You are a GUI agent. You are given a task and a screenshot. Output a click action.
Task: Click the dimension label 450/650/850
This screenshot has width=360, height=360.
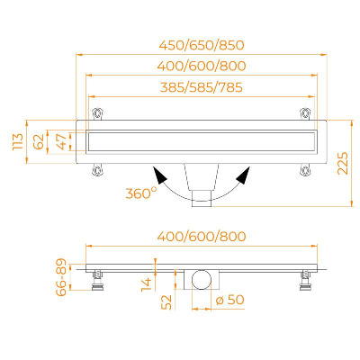pyautogui.click(x=202, y=45)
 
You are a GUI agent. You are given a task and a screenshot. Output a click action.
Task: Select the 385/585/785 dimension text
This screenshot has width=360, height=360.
pyautogui.click(x=202, y=87)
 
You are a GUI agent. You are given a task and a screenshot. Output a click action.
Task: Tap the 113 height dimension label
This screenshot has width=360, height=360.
pyautogui.click(x=18, y=141)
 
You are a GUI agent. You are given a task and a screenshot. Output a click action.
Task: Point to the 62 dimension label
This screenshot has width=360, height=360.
pyautogui.click(x=39, y=141)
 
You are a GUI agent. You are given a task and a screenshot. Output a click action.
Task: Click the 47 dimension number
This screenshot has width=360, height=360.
pyautogui.click(x=61, y=141)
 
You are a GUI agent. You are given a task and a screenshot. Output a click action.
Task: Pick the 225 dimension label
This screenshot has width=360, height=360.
pyautogui.click(x=343, y=164)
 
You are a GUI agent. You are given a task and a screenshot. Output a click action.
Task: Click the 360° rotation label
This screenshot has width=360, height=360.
pyautogui.click(x=140, y=193)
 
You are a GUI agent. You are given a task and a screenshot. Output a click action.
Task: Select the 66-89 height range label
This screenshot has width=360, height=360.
pyautogui.click(x=61, y=277)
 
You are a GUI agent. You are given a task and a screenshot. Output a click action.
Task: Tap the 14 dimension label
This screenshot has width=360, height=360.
pyautogui.click(x=147, y=284)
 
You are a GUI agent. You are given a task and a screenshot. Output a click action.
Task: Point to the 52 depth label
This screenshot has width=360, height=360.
pyautogui.click(x=166, y=302)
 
